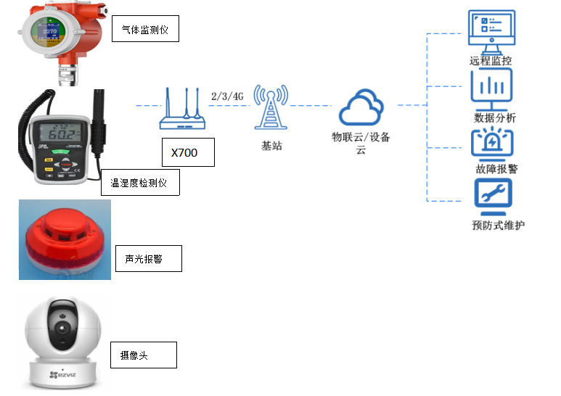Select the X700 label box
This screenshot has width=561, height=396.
click(189, 152)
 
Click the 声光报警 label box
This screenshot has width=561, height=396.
click(148, 258)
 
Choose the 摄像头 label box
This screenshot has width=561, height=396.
click(143, 355)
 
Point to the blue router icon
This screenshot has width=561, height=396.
click(184, 110)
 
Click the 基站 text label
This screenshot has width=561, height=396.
click(271, 145)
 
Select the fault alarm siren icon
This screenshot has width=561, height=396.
click(492, 141)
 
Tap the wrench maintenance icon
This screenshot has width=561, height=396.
click(492, 195)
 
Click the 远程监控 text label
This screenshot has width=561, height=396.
click(491, 61)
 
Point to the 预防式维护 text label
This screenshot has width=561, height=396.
click(498, 225)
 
